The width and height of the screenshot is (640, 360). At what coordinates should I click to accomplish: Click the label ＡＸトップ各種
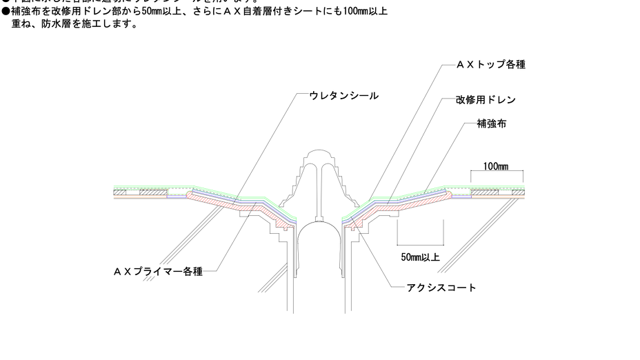point(491,64)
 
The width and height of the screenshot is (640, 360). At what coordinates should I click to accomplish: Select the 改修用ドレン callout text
point(486,100)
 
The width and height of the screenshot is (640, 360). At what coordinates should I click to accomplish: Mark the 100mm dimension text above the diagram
point(495,166)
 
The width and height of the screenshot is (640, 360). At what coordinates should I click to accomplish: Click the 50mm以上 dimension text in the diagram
point(421,257)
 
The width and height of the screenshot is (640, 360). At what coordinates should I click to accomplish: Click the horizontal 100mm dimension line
point(496,172)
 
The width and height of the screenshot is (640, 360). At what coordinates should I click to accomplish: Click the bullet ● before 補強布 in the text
point(6,12)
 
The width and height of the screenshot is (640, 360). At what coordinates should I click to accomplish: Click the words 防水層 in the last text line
point(57,24)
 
